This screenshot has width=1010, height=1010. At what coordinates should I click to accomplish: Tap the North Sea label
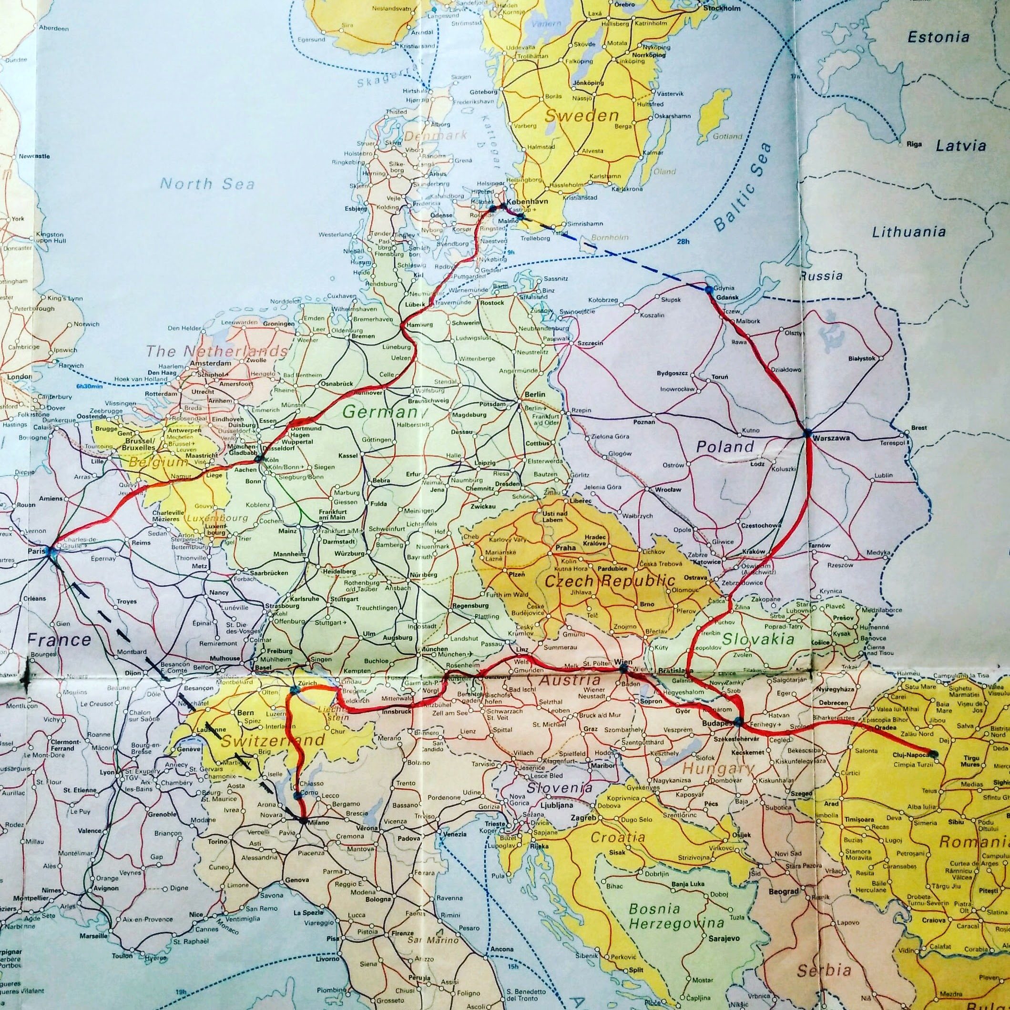click(207, 184)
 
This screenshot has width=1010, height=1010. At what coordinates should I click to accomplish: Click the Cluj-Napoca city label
click(912, 755)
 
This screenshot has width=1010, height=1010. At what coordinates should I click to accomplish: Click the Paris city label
click(36, 550)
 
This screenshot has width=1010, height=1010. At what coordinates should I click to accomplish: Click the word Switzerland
click(274, 740)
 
